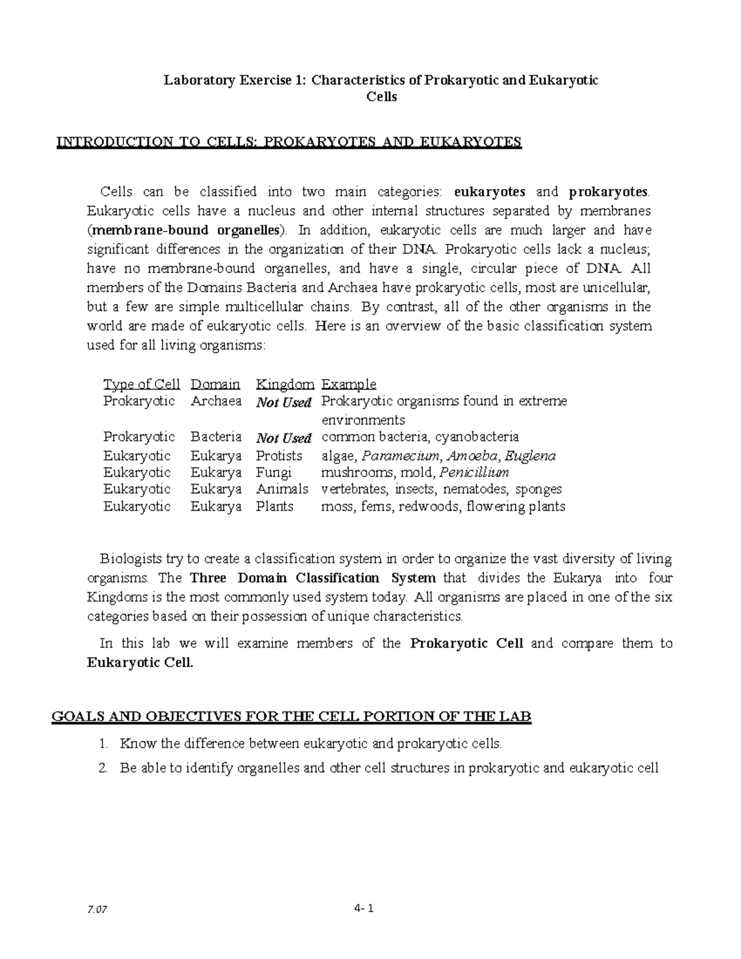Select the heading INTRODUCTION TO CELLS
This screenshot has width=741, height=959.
click(289, 143)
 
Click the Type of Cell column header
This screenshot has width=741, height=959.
click(141, 384)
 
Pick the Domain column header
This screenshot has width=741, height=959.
click(215, 384)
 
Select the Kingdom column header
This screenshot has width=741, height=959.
click(285, 384)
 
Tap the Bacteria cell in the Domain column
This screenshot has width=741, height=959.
click(216, 437)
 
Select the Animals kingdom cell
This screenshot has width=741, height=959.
click(282, 489)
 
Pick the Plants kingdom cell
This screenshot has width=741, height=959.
click(275, 506)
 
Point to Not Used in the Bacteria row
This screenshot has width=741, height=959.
click(283, 438)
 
